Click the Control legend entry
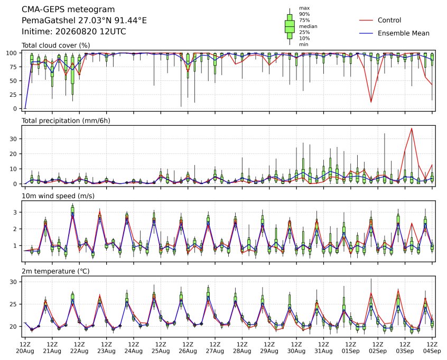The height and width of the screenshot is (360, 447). click(x=380, y=20)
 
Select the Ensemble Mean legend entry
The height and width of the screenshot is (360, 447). click(x=394, y=33)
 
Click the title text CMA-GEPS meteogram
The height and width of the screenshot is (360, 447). click(x=68, y=10)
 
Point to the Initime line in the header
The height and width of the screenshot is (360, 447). click(x=74, y=31)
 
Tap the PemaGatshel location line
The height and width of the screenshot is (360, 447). click(x=84, y=21)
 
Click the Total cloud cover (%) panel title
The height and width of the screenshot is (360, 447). click(x=56, y=45)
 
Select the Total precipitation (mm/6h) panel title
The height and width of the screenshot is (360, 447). click(x=66, y=121)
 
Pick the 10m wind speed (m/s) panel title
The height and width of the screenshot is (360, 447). click(x=58, y=196)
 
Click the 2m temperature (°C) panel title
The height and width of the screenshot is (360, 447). click(x=55, y=271)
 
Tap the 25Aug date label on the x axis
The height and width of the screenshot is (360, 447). click(x=161, y=351)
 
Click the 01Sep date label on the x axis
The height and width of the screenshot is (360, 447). click(x=350, y=351)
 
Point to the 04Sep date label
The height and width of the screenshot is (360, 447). click(x=432, y=351)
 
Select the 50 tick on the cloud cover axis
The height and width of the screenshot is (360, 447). click(x=13, y=81)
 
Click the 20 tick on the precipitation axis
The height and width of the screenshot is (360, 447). click(x=13, y=154)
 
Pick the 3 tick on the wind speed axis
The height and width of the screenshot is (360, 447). click(x=15, y=213)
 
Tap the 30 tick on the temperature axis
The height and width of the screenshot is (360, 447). click(x=13, y=282)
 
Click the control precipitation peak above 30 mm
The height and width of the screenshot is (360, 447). click(x=412, y=128)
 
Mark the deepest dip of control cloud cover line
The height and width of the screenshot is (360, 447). click(x=371, y=102)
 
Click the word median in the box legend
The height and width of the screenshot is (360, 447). click(x=308, y=26)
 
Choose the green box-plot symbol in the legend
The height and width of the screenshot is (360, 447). click(x=290, y=26)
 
